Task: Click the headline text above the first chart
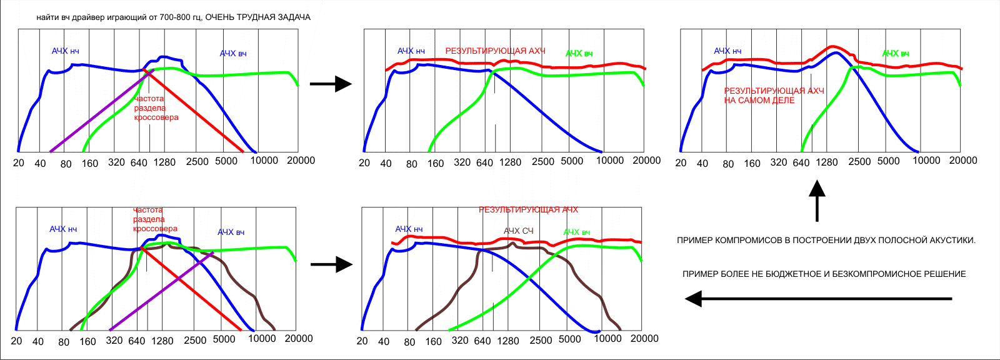coord(173,17)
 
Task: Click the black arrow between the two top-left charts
coord(331,84)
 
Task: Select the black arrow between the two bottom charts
coord(331,264)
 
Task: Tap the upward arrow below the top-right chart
coord(817,201)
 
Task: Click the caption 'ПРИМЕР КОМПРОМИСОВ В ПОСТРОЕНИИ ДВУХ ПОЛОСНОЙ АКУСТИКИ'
coord(826,240)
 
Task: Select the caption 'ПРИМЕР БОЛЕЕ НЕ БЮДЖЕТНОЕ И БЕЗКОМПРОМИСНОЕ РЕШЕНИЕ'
coord(824,274)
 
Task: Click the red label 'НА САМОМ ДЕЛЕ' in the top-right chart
coord(759,101)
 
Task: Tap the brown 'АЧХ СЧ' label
coord(519,231)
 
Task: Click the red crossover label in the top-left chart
coord(156,108)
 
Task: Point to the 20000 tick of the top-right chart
coord(962,161)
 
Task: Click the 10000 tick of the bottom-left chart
coord(262,339)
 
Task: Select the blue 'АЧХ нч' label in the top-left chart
coord(65,51)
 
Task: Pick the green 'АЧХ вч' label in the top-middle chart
coord(579,54)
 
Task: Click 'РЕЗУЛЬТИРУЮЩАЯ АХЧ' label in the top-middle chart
coord(495,51)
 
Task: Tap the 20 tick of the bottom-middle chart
coord(362,341)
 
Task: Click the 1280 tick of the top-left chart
coord(164,162)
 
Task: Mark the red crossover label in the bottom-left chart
coord(154,219)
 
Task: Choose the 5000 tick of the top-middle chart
coord(572,161)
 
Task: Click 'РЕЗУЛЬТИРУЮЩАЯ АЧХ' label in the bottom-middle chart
coord(528,210)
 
